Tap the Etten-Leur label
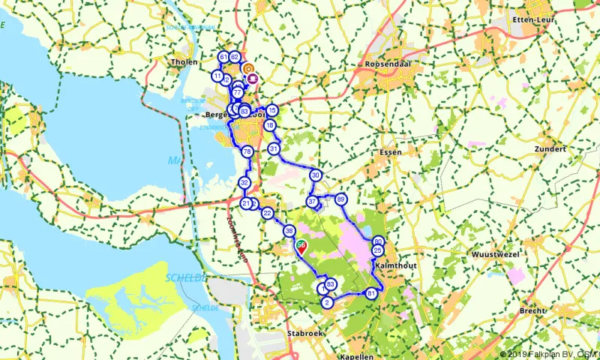532,19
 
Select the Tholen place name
184,62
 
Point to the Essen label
391,151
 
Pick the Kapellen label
357,357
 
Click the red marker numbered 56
301,245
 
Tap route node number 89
341,199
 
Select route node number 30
316,175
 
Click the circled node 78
247,152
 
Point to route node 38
289,232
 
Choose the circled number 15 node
271,110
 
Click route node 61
223,57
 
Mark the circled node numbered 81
371,293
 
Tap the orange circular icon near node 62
248,67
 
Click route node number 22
268,214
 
